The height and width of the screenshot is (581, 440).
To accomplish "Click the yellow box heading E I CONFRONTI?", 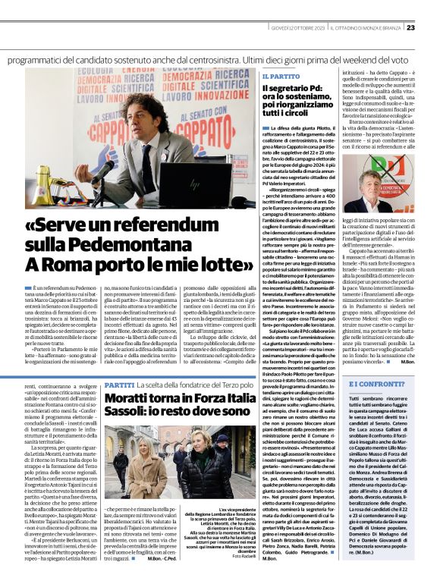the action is click(x=376, y=385).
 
